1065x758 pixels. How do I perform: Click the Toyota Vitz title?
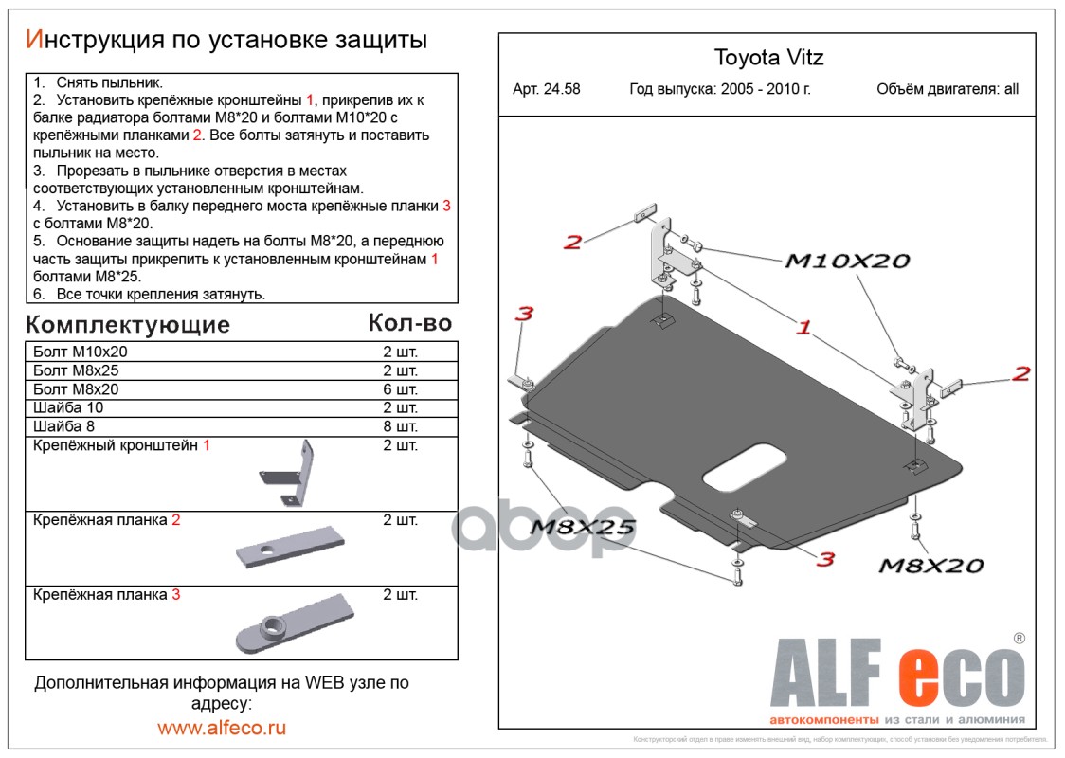click(768, 58)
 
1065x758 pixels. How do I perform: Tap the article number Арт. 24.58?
click(546, 90)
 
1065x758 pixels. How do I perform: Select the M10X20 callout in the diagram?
click(846, 262)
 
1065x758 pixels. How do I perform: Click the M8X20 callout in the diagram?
click(931, 566)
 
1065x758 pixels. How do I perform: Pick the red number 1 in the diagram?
click(803, 328)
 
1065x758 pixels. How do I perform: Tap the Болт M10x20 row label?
click(80, 352)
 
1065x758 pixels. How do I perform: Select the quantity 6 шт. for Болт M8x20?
click(400, 389)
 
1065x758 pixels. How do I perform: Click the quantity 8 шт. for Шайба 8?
click(400, 427)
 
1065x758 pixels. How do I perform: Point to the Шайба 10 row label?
click(68, 408)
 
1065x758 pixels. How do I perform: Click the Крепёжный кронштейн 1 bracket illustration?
click(289, 473)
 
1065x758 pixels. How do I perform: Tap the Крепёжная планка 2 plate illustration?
click(284, 548)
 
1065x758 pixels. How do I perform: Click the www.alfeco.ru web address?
click(222, 728)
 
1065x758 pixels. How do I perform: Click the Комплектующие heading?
click(128, 325)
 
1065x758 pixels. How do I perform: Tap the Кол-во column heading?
click(409, 323)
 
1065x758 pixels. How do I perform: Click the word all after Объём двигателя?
click(1011, 90)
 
